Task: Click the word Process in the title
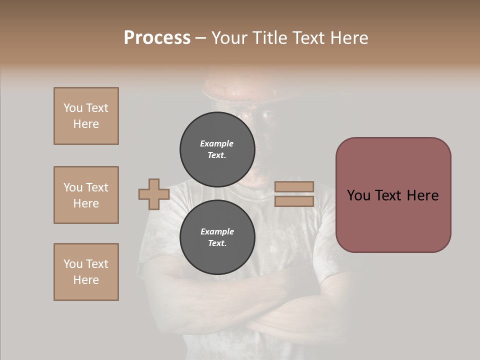157,38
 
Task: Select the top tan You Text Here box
86,116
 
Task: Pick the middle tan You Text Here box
86,195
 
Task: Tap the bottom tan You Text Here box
86,272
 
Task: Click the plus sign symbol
154,194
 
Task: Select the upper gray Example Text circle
217,149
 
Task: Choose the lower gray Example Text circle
217,237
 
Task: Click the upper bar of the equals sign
294,187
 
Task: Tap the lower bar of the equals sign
294,201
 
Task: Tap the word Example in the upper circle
217,143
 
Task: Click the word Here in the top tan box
86,124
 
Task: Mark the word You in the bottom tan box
73,264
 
